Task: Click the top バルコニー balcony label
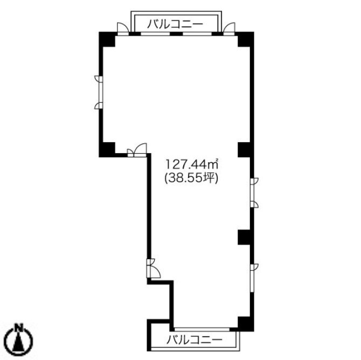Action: coord(175,24)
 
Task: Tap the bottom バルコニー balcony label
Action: coord(195,340)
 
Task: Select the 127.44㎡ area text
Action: coord(192,164)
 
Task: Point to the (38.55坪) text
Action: coord(191,178)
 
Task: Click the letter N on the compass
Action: coord(19,327)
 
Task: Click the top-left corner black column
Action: coord(107,39)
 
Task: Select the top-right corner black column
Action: coord(246,39)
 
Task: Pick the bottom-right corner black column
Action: coord(246,324)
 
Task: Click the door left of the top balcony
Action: coord(123,29)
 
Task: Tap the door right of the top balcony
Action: coord(229,29)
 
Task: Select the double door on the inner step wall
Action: coord(137,150)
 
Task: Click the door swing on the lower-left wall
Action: coord(154,268)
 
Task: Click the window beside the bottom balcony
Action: coord(202,329)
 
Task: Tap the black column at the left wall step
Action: coord(107,150)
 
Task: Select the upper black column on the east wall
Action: coord(246,150)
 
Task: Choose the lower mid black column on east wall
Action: coord(246,237)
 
